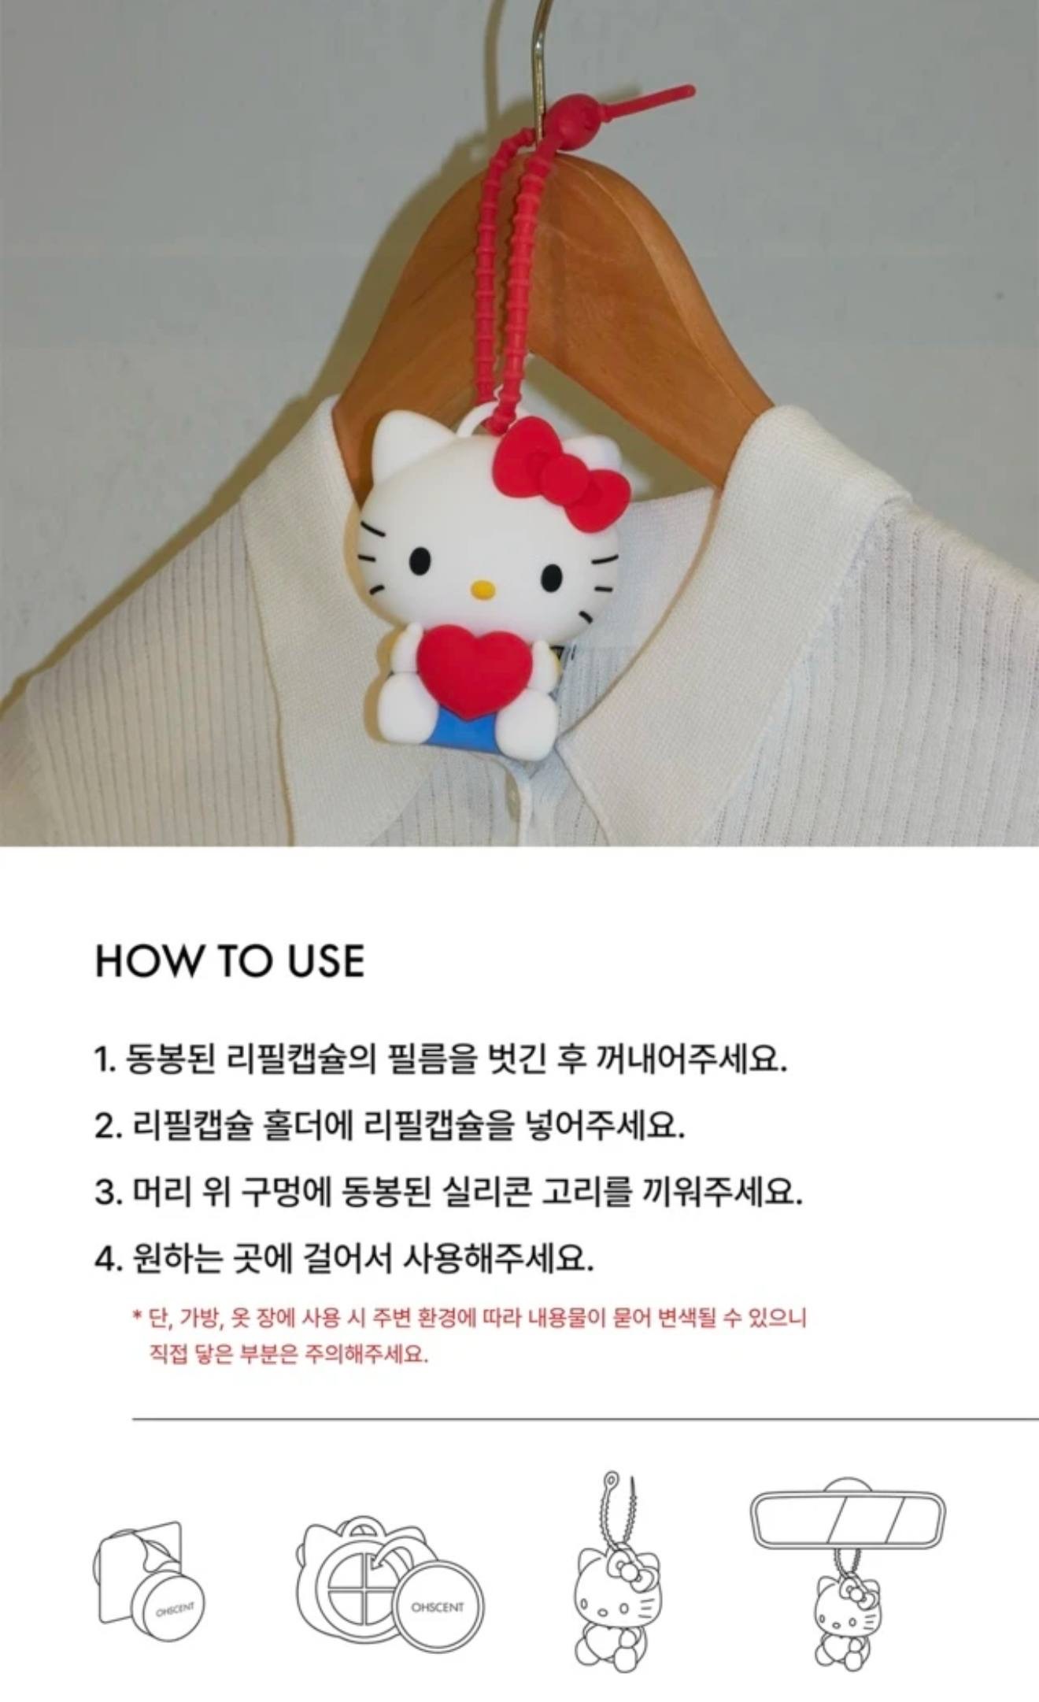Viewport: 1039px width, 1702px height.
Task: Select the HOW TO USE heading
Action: tap(230, 961)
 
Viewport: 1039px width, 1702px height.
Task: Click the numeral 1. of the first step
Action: tap(105, 1061)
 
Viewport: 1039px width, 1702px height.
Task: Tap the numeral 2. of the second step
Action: tap(107, 1127)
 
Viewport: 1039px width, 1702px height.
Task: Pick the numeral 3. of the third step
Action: tap(107, 1193)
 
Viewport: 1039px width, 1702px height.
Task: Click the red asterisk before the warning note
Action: tap(136, 1315)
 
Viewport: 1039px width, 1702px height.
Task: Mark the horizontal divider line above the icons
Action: tap(586, 1419)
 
